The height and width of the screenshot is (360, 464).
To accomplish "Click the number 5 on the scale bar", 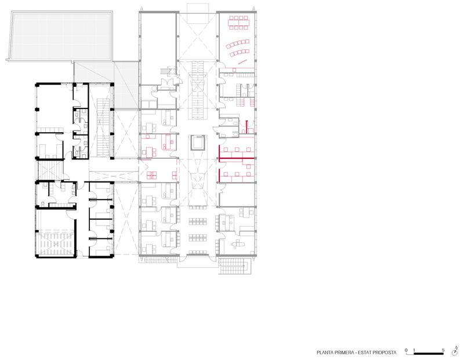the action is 443,350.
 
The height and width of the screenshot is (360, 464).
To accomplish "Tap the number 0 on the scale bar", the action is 406,350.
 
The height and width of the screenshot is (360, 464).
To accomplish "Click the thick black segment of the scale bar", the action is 429,354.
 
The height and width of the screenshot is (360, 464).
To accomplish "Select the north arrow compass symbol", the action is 455,352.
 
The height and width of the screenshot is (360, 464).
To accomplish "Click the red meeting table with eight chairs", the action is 238,23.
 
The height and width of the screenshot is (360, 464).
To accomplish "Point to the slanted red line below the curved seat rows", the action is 242,62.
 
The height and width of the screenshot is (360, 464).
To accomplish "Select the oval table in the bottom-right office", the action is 238,244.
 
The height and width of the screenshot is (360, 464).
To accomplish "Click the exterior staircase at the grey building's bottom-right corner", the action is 235,266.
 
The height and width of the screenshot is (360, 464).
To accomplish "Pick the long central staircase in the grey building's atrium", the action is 197,90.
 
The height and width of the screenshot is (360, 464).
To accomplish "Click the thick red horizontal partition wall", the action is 237,158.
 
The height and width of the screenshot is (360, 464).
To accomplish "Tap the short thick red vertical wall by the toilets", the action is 246,127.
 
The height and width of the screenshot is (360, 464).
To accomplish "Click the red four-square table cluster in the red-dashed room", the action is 151,175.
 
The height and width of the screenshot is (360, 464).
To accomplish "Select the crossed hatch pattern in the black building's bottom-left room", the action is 55,243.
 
